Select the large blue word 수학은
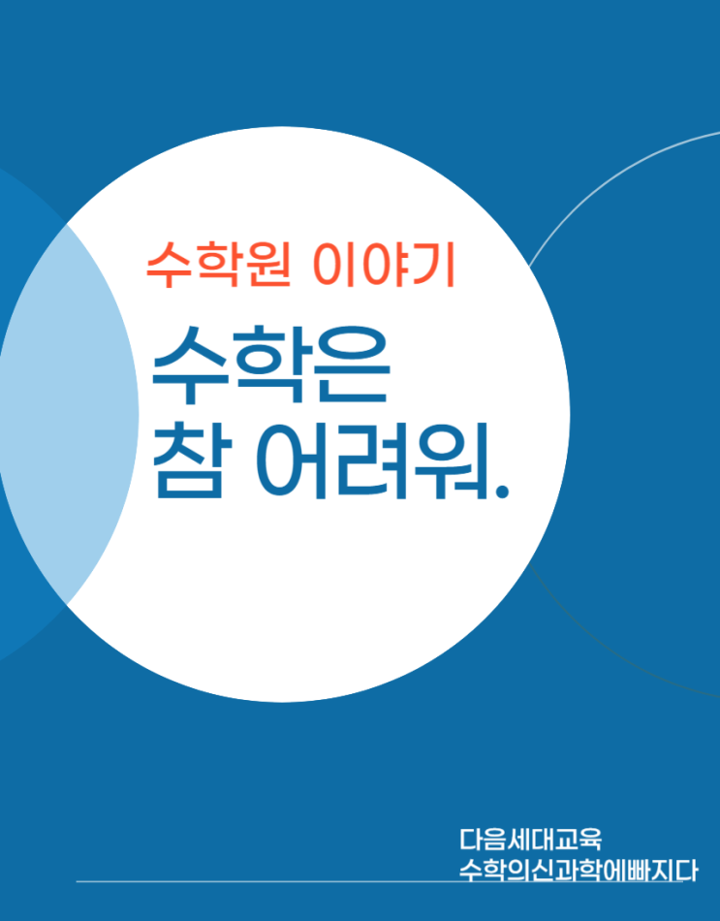click(x=270, y=365)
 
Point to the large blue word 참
click(x=189, y=460)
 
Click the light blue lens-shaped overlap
click(x=68, y=414)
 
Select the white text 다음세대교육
click(x=530, y=840)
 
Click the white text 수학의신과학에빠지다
click(x=578, y=871)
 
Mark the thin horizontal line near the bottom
click(x=379, y=881)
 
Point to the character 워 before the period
click(x=452, y=460)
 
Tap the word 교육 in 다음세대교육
click(x=579, y=840)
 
